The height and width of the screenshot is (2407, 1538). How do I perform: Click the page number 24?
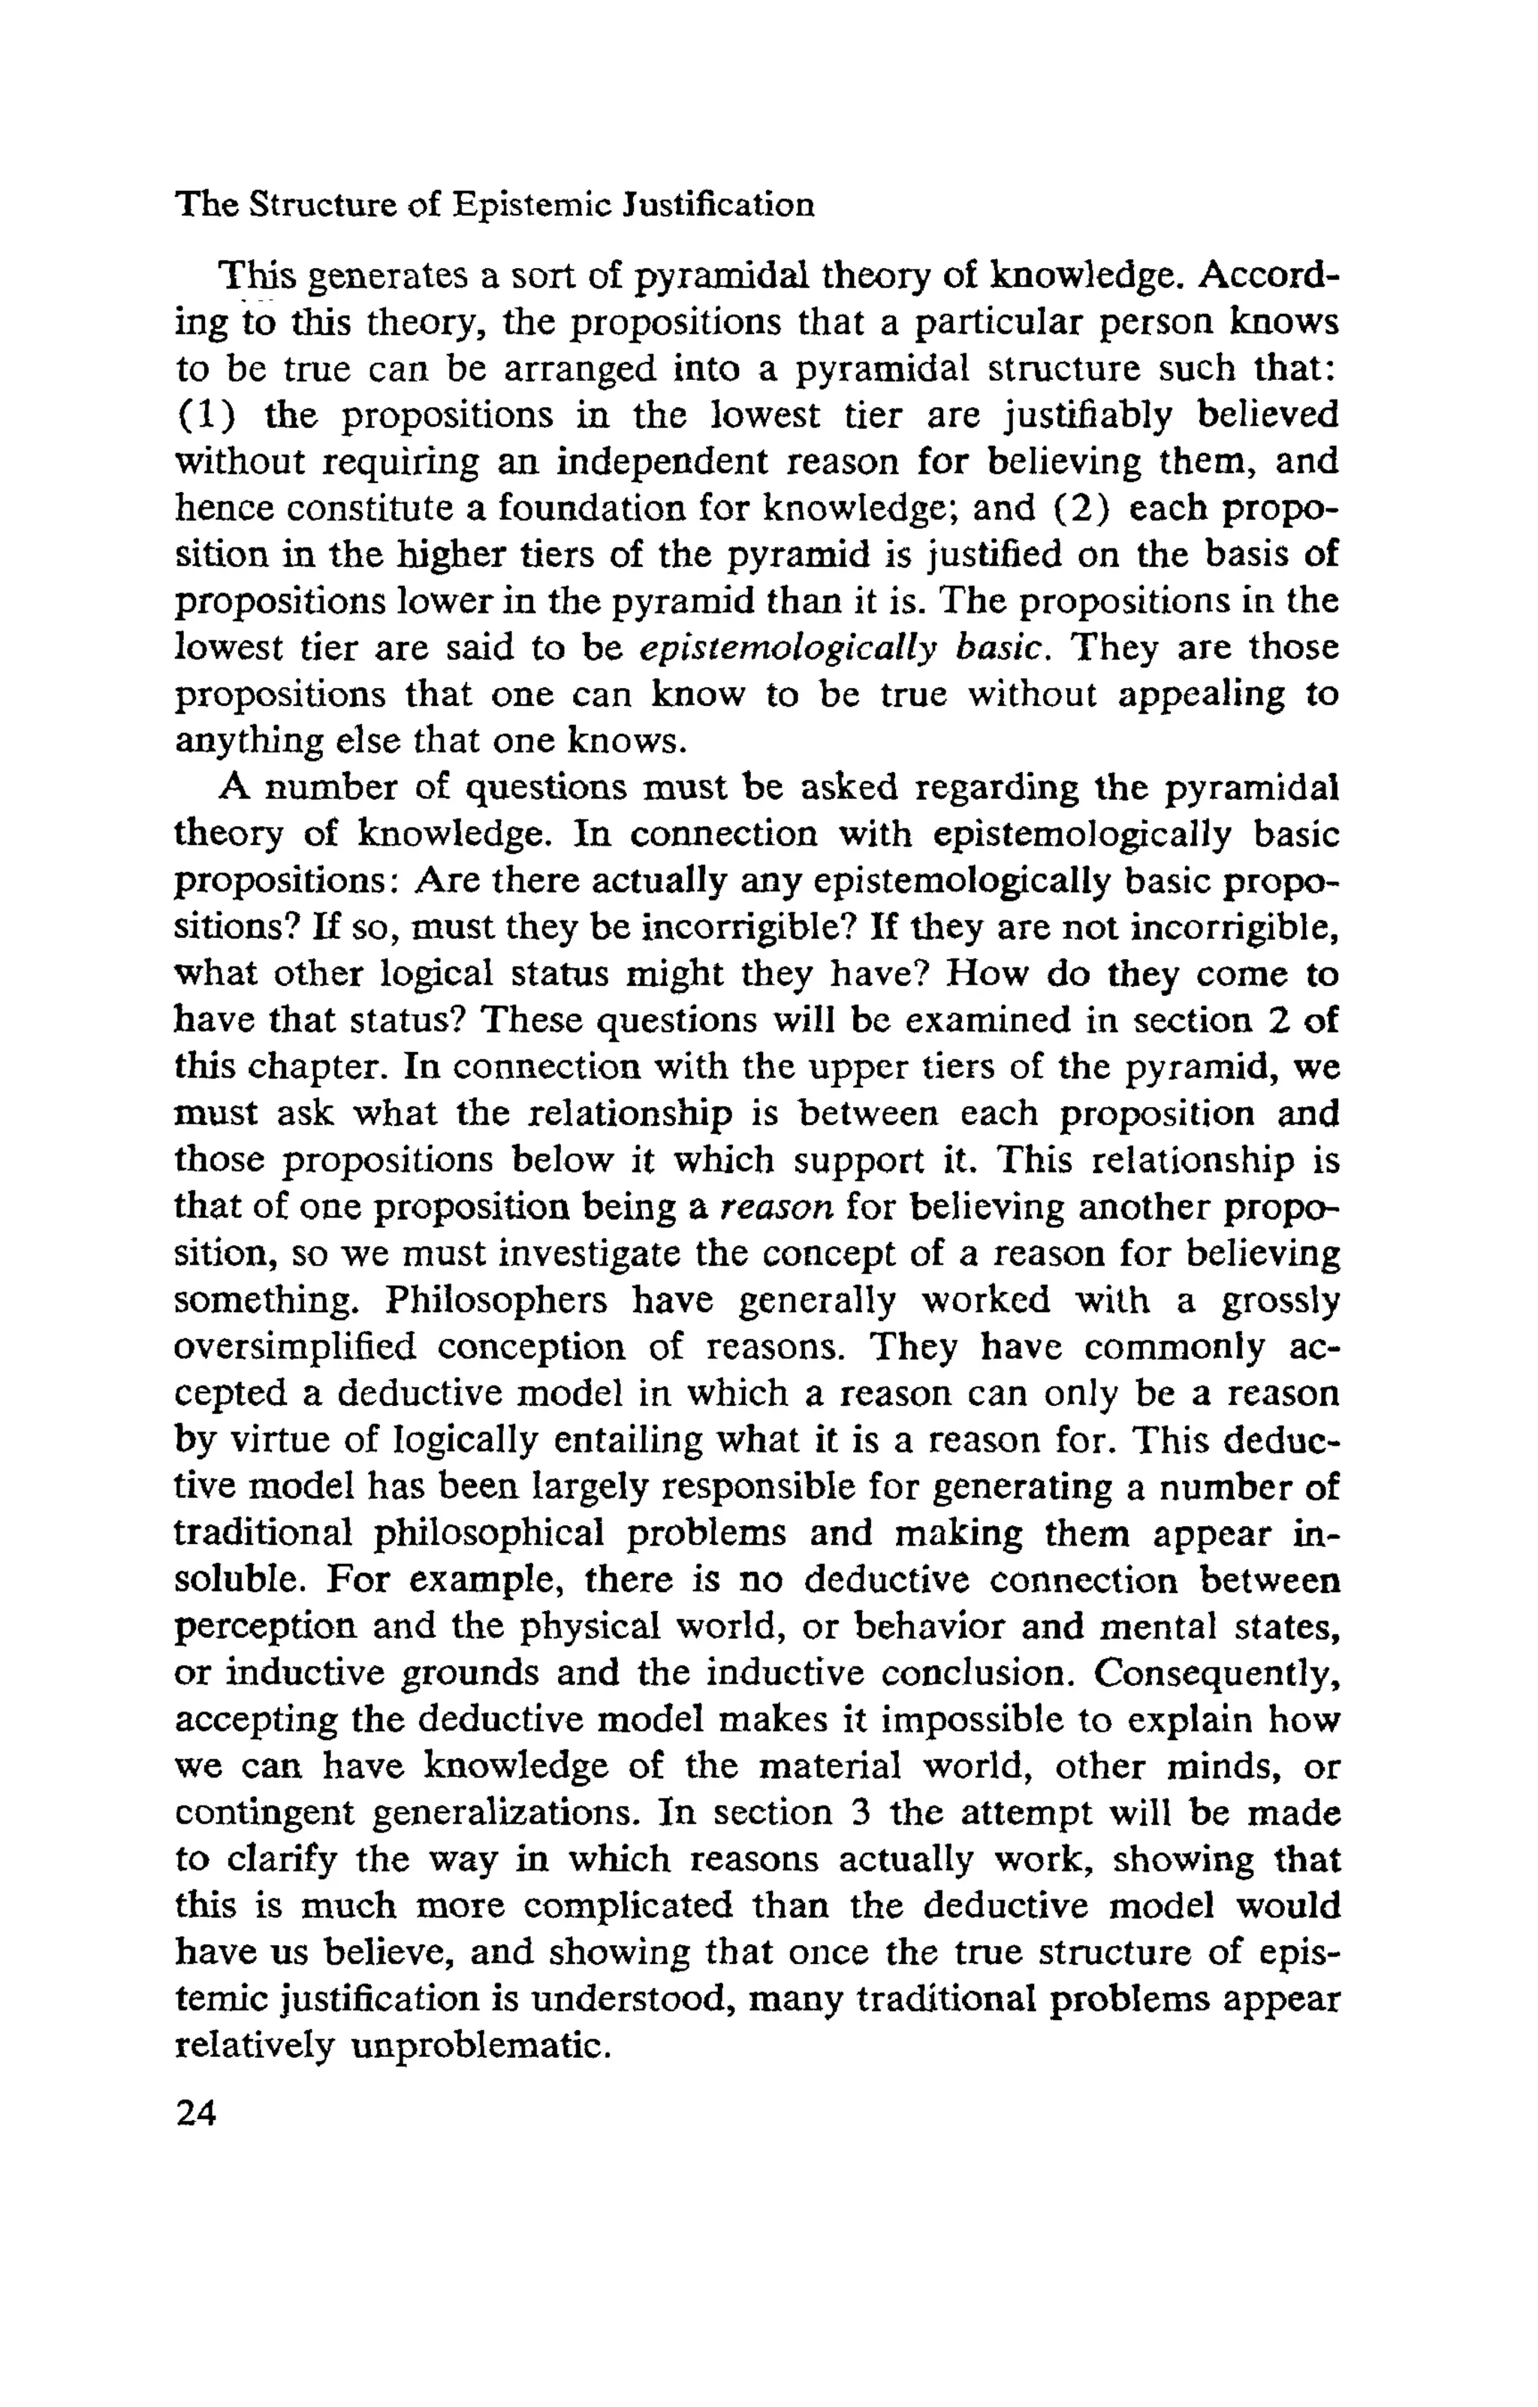pyautogui.click(x=196, y=2111)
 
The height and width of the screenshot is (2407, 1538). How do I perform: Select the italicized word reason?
pyautogui.click(x=776, y=1206)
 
